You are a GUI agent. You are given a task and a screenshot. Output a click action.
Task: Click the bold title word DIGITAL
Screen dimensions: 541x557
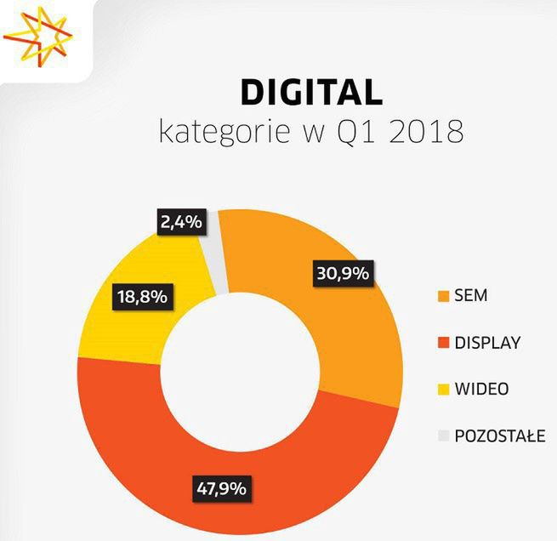point(311,93)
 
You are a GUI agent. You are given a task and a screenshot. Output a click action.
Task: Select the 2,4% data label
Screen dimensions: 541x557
point(179,223)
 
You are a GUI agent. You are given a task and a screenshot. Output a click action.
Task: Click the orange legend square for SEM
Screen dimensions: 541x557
point(442,296)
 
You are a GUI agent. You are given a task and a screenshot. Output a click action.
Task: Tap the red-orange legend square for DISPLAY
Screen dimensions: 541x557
point(442,343)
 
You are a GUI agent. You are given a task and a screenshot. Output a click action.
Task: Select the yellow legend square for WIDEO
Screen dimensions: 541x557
point(442,390)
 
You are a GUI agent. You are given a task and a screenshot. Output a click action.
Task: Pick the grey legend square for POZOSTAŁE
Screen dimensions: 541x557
point(442,436)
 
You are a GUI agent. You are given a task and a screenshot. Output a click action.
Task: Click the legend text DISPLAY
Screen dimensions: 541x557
point(487,343)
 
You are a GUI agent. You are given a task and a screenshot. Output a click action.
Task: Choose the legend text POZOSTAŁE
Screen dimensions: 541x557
point(500,436)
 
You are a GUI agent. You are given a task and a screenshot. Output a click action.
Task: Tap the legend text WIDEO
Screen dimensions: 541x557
point(481,390)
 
